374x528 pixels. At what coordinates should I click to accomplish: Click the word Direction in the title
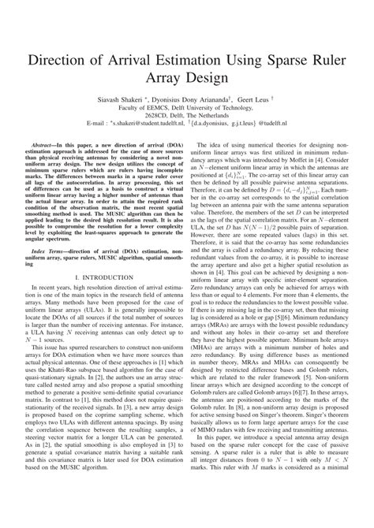tap(64, 59)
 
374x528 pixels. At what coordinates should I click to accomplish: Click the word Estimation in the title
tap(178, 59)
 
